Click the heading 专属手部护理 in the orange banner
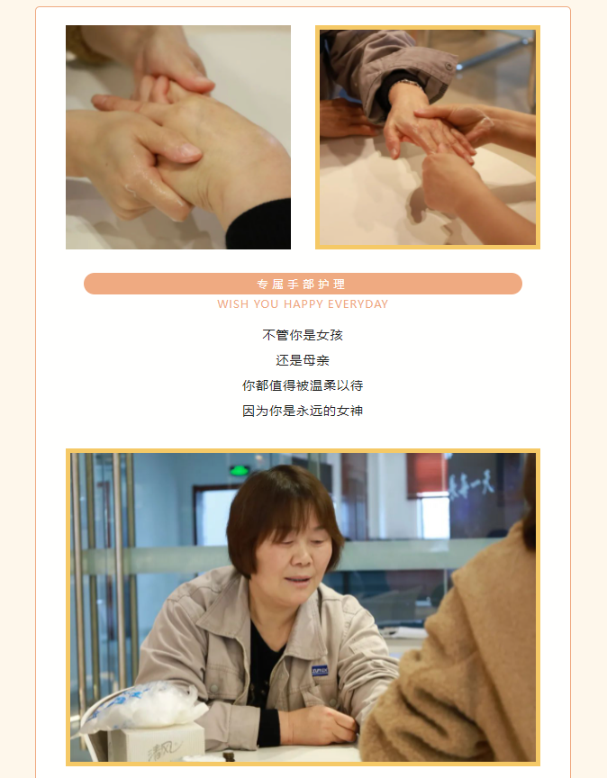(x=301, y=285)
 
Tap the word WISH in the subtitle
(x=232, y=304)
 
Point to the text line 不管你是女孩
(x=303, y=335)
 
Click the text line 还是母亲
(x=303, y=361)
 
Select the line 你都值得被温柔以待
(x=303, y=385)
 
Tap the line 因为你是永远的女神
(x=303, y=411)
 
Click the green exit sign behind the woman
(x=240, y=470)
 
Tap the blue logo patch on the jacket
(x=320, y=670)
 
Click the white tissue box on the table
(x=157, y=741)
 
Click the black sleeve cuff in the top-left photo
(x=258, y=224)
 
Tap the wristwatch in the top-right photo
(x=410, y=84)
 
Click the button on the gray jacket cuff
(x=449, y=66)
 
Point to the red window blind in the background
(x=426, y=475)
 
